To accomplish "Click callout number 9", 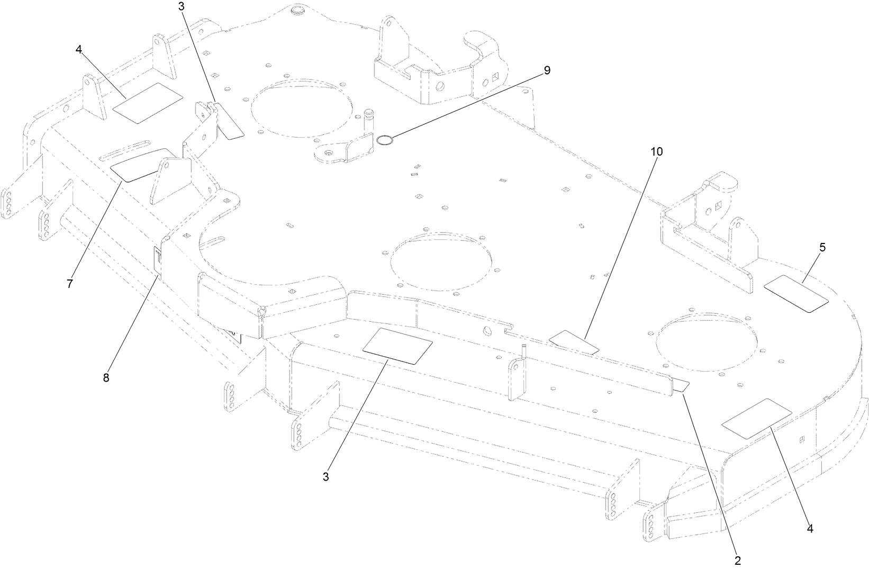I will pos(547,70).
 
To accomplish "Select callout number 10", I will pos(656,151).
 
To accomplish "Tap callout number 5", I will pos(822,247).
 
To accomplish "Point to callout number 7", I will pos(69,283).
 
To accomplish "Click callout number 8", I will pos(106,378).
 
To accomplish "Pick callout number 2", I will pos(737,559).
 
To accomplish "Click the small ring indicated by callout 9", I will pos(384,140).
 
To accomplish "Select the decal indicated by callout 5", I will pos(796,293).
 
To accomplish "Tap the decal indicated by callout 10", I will pos(574,341).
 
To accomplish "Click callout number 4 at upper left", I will pos(79,49).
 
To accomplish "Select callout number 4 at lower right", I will pos(810,528).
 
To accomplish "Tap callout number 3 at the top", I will pos(182,6).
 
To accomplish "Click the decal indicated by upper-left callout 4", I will pos(148,103).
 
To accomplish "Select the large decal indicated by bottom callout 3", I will pos(397,346).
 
